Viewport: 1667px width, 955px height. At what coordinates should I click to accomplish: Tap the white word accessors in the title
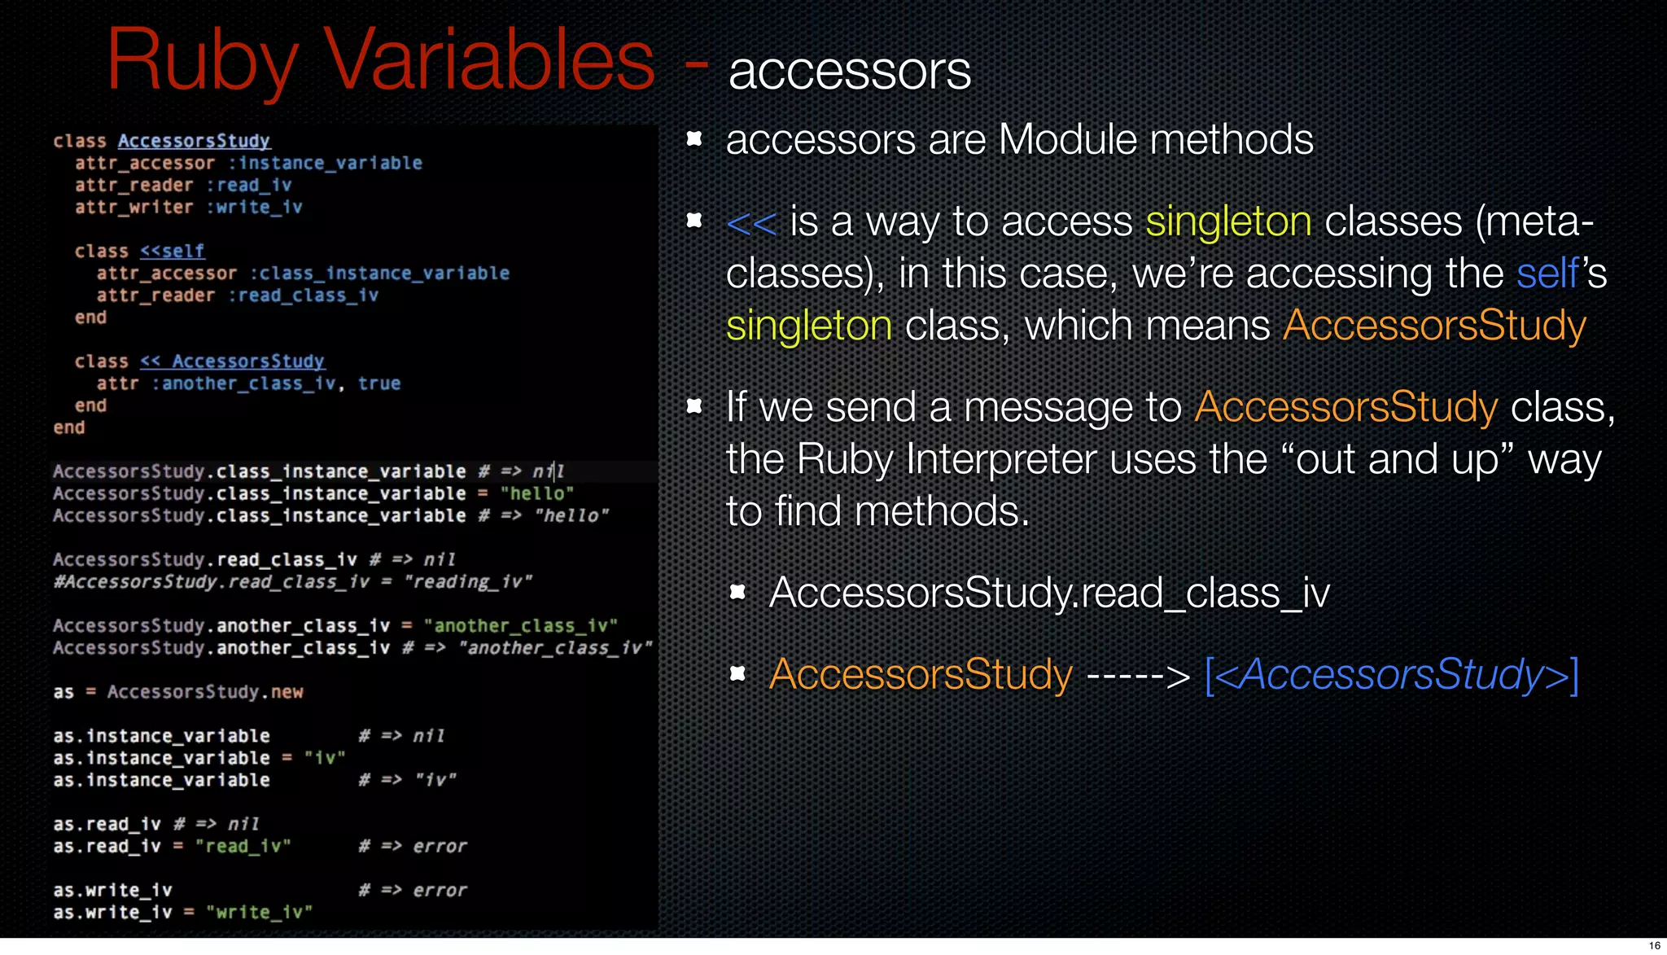tap(849, 72)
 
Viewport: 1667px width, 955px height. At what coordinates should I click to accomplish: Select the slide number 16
tap(1654, 945)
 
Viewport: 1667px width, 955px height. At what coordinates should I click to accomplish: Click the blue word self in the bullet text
tap(1547, 274)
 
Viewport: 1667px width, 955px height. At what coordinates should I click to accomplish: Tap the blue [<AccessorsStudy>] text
tap(1391, 675)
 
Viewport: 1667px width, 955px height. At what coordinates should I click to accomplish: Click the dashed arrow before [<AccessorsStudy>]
tap(1138, 676)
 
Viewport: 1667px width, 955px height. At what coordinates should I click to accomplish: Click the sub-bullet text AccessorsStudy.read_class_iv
tap(1049, 593)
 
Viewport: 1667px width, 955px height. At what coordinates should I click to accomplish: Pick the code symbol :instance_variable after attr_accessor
tap(325, 163)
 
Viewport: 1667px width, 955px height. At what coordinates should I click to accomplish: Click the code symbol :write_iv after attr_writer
tap(254, 207)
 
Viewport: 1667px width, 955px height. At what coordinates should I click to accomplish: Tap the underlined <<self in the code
tap(172, 251)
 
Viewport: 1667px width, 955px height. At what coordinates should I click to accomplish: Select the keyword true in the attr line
tap(379, 383)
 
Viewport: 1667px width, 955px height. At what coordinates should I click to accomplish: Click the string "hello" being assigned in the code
tap(537, 493)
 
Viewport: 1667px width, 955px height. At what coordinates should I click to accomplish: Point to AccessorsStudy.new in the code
tap(205, 692)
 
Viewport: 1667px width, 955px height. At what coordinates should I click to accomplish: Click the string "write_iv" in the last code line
tap(259, 913)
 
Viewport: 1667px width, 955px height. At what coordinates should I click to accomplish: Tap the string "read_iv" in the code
tap(243, 847)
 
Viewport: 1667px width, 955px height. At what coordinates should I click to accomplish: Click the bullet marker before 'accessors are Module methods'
tap(694, 139)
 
